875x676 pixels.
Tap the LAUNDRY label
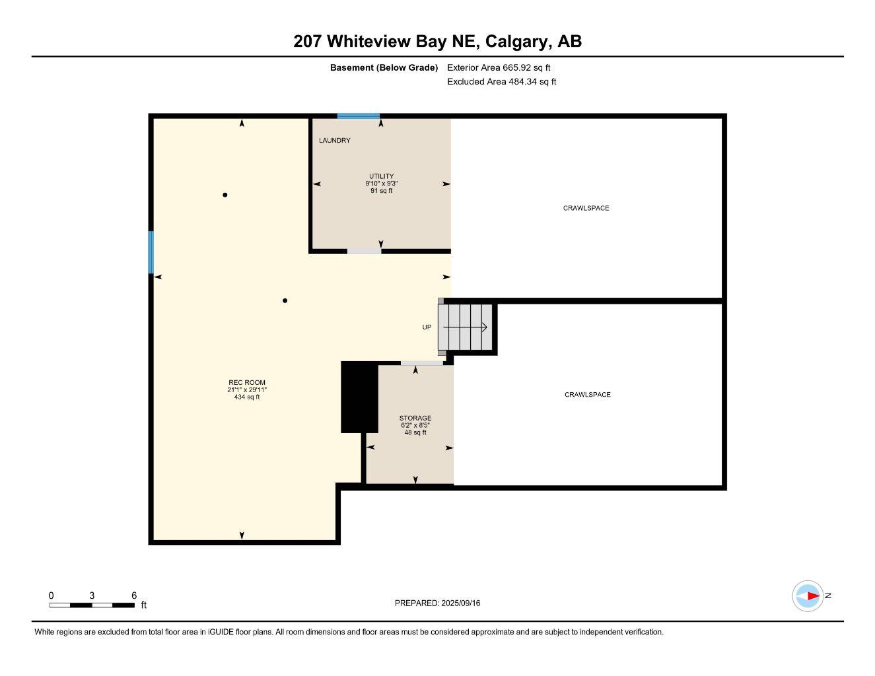(334, 141)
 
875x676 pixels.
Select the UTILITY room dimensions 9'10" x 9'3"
(381, 184)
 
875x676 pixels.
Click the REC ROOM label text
(246, 383)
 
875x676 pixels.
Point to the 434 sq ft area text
(246, 397)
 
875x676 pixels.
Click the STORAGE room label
(415, 418)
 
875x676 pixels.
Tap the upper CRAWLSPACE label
(586, 209)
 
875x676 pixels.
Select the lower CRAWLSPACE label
(587, 395)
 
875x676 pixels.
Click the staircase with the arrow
(466, 327)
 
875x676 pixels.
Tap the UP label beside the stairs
(427, 327)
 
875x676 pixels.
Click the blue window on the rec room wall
(151, 252)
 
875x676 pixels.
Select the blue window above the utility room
(358, 116)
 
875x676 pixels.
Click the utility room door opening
(364, 251)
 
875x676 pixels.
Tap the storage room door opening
(421, 363)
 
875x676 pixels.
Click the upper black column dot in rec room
(225, 195)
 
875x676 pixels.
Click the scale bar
(92, 605)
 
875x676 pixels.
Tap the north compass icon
(808, 596)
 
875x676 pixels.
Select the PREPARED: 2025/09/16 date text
(437, 603)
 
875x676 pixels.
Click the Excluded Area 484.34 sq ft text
(501, 82)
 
